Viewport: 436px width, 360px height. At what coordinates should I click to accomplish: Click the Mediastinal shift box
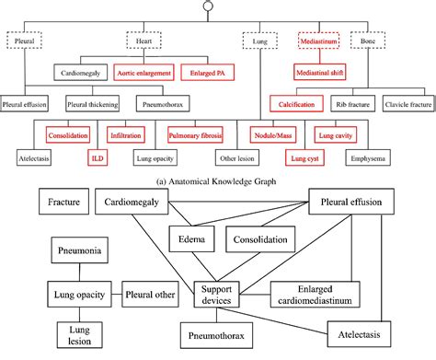tap(321, 70)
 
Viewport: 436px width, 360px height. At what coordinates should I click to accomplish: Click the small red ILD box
tap(96, 157)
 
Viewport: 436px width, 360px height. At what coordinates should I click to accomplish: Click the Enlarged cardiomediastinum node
tap(315, 296)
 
